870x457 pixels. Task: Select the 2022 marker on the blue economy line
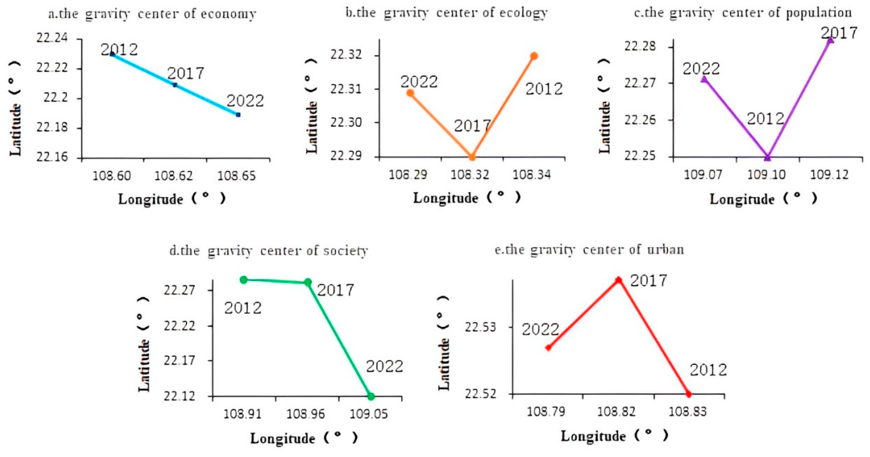238,115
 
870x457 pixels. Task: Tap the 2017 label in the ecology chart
472,126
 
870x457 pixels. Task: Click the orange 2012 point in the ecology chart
534,56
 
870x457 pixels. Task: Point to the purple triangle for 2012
767,157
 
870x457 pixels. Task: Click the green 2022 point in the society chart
371,396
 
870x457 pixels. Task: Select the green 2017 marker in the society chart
308,282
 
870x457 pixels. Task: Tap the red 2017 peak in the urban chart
619,280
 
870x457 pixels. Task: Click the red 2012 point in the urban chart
689,394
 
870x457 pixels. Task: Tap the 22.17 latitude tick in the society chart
179,360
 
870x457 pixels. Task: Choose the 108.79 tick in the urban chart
546,411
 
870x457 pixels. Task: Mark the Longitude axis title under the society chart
282,438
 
